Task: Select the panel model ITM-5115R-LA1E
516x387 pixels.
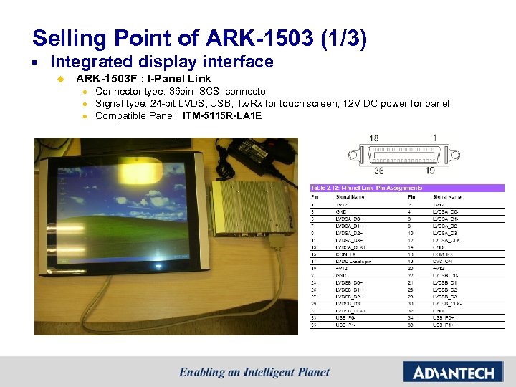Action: [x=221, y=115]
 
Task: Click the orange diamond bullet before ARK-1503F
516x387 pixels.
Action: [x=61, y=79]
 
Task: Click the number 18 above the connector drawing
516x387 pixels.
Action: [x=374, y=138]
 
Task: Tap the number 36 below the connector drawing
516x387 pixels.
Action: [x=378, y=171]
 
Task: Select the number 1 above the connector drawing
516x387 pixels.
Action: [x=434, y=138]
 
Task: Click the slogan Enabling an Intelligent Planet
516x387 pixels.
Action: [x=254, y=373]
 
